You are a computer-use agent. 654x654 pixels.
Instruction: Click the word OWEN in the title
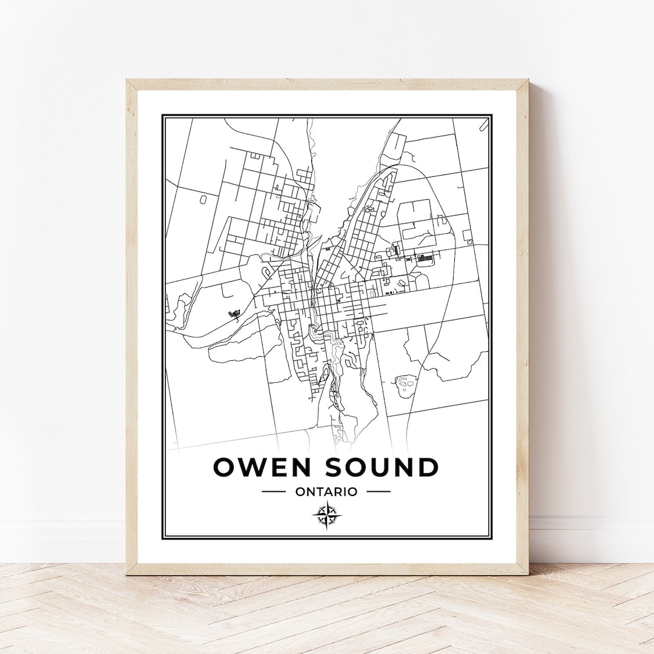pyautogui.click(x=263, y=467)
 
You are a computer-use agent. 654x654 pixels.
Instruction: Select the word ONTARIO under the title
pyautogui.click(x=326, y=492)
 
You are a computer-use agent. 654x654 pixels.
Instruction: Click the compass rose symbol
pyautogui.click(x=327, y=515)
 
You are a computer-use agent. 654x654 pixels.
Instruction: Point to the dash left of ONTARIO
pyautogui.click(x=274, y=492)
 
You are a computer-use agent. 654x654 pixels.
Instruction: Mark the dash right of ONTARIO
pyautogui.click(x=379, y=492)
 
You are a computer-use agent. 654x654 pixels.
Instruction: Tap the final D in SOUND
pyautogui.click(x=427, y=467)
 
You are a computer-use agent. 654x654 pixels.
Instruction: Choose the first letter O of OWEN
pyautogui.click(x=225, y=467)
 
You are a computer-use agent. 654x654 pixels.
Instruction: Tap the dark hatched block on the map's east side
pyautogui.click(x=425, y=259)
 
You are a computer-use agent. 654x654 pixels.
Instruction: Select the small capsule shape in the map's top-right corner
pyautogui.click(x=484, y=125)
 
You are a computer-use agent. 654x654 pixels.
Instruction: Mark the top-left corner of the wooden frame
pyautogui.click(x=128, y=81)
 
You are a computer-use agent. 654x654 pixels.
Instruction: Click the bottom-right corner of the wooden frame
pyautogui.click(x=527, y=573)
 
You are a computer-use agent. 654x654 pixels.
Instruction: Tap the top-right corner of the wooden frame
pyautogui.click(x=527, y=81)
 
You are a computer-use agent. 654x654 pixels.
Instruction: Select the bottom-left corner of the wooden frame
pyautogui.click(x=128, y=573)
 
